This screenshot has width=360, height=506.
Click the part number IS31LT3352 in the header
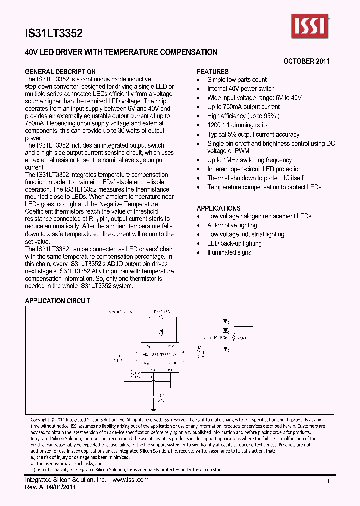pos(53,34)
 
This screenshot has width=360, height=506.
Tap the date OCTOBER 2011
pos(306,61)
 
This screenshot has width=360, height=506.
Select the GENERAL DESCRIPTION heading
pos(60,72)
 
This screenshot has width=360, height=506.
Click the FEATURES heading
pos(213,72)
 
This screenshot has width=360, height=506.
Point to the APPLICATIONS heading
pos(219,208)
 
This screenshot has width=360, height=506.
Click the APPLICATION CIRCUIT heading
pos(58,301)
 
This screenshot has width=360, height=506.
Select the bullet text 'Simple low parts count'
pos(237,80)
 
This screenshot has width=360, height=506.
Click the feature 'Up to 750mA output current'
pos(244,107)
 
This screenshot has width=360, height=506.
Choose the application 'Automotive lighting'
pos(232,225)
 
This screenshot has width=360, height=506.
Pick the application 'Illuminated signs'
pos(229,252)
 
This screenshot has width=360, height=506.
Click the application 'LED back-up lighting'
pos(234,243)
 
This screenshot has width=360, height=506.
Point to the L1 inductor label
pos(199,347)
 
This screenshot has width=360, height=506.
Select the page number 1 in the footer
pos(328,481)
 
